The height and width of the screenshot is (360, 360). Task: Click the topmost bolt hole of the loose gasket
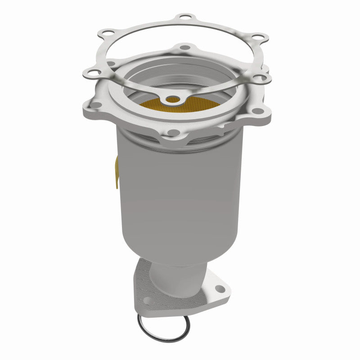pos(184,18)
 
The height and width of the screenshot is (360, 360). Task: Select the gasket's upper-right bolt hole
pos(256,37)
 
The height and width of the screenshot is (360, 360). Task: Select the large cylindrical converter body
pos(180,193)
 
